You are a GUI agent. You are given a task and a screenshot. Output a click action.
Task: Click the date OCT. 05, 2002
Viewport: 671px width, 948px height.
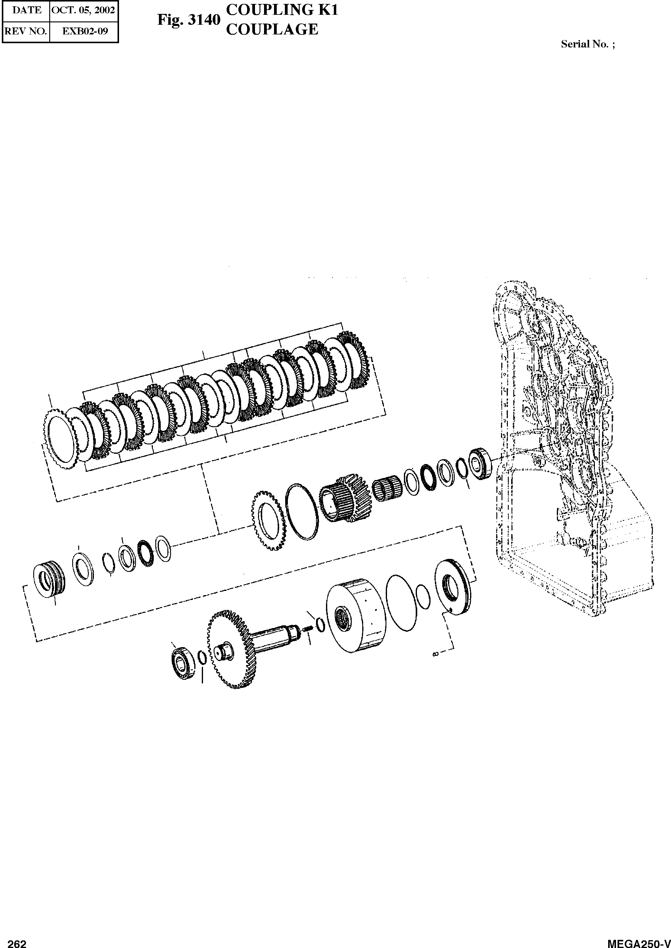click(83, 10)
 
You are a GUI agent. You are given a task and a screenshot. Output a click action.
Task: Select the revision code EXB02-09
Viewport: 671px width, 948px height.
click(85, 31)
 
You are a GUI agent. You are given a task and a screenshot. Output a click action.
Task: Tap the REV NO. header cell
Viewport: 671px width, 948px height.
click(26, 31)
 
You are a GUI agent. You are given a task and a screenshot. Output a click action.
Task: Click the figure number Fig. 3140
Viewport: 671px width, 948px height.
click(189, 20)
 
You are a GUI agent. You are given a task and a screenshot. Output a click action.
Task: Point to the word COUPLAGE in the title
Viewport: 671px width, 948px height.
click(272, 29)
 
